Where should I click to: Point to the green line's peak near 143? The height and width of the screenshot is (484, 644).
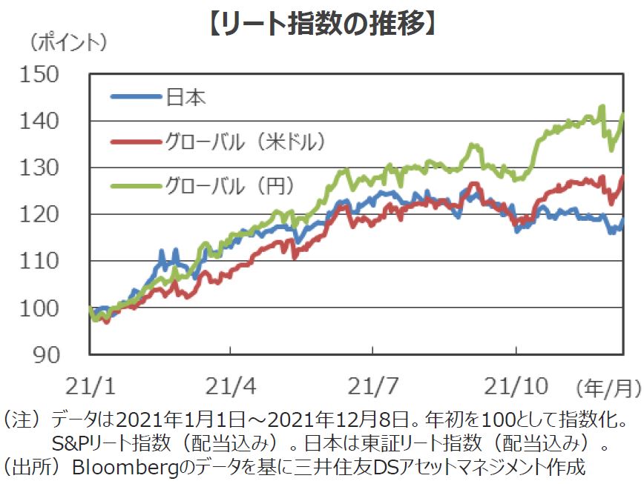pyautogui.click(x=602, y=107)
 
